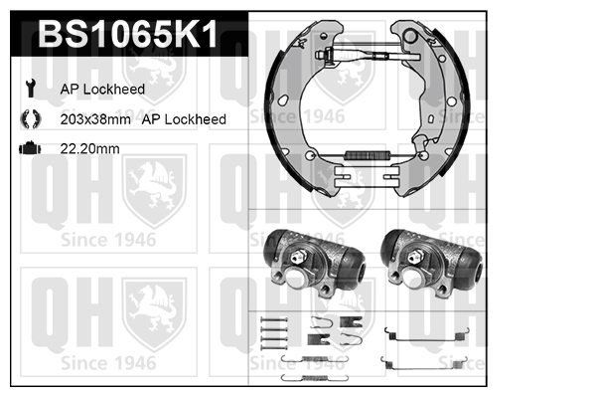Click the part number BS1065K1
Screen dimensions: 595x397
(127, 34)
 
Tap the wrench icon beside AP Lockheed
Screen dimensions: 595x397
(31, 89)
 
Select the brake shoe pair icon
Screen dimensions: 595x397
(31, 118)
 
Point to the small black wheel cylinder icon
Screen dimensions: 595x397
(30, 148)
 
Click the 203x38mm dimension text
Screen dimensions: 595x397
(95, 119)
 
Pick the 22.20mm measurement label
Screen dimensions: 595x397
(90, 148)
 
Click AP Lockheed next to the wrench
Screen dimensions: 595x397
(102, 90)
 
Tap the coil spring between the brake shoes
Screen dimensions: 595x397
(368, 155)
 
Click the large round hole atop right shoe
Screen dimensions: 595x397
(410, 36)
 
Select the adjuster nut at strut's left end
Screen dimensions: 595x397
(322, 55)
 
